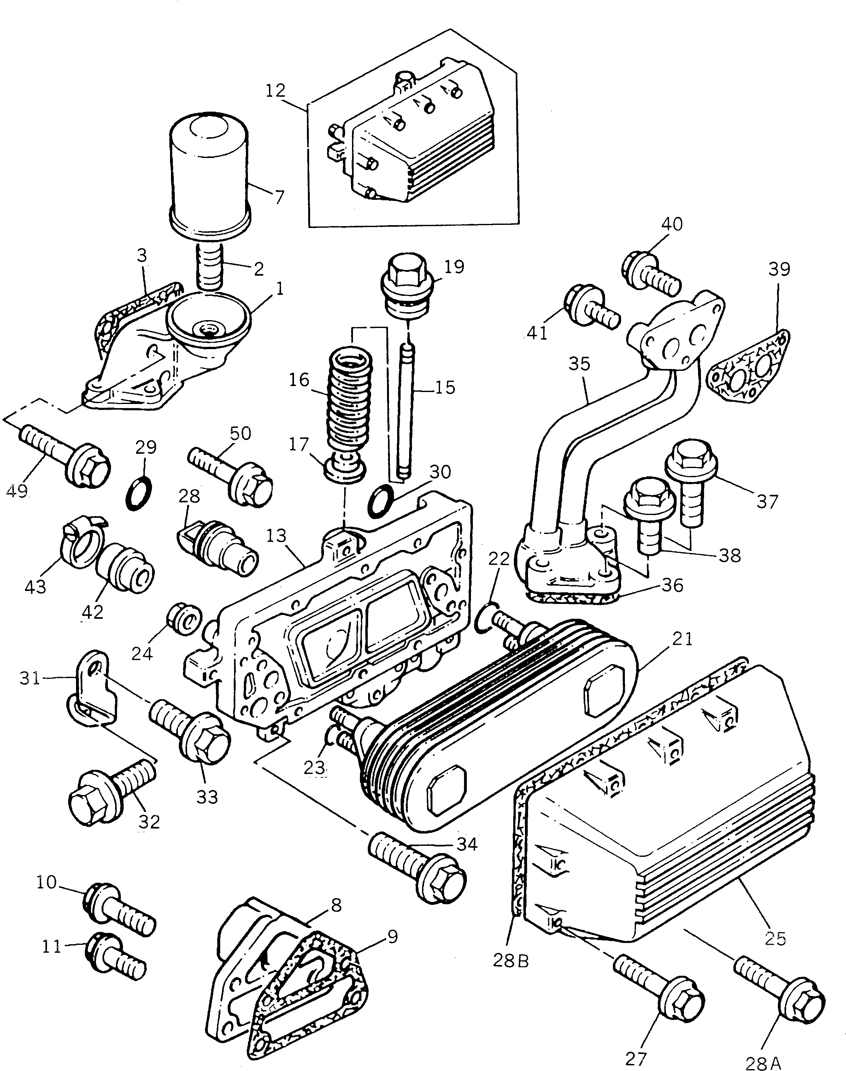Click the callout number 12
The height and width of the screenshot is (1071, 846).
click(x=275, y=91)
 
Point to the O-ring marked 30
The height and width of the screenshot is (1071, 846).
click(x=381, y=500)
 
